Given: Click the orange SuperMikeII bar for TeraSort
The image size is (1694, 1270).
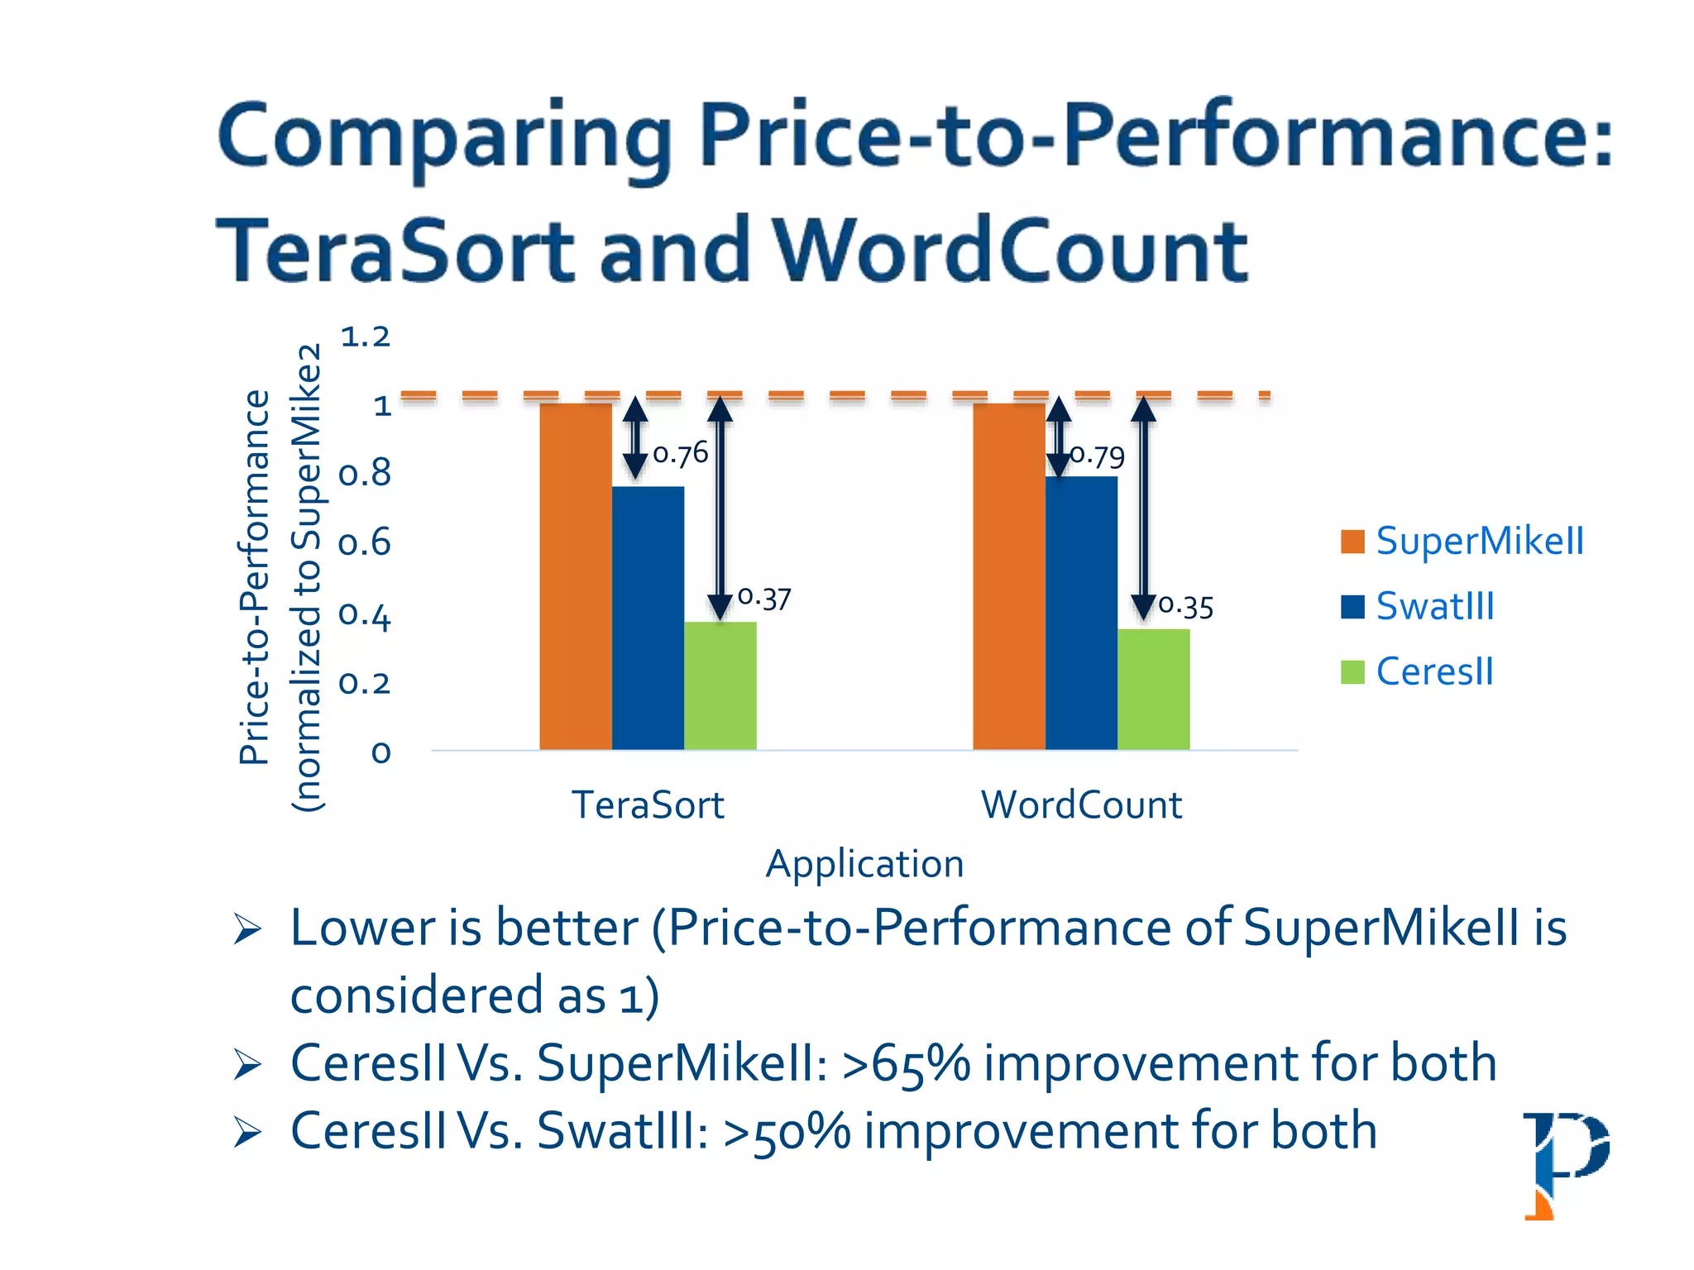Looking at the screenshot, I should click(x=576, y=576).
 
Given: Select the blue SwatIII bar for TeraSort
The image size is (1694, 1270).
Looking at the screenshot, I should click(x=648, y=618).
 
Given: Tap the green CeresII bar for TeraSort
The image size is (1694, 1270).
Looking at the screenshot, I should click(x=720, y=685).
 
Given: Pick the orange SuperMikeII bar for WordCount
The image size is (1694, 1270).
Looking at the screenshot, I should click(x=1008, y=576).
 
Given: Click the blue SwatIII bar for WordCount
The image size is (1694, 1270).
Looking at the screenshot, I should click(x=1081, y=613).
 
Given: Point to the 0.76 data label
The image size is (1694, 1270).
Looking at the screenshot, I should click(x=681, y=454).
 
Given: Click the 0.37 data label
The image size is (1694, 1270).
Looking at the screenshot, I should click(x=764, y=598).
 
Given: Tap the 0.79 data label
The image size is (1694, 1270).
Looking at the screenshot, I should click(x=1098, y=456).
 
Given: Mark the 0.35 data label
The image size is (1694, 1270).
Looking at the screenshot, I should click(x=1186, y=607).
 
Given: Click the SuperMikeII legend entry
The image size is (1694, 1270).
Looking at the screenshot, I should click(x=1462, y=542).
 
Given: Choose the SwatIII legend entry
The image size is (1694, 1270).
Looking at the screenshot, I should click(x=1418, y=607).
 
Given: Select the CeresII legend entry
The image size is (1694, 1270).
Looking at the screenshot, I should click(x=1418, y=671).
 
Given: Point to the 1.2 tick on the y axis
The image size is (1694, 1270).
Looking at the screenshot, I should click(x=365, y=337).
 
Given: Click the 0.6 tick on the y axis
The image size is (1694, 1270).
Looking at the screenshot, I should click(x=365, y=544).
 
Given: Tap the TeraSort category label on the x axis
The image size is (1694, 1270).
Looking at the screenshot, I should click(x=648, y=804).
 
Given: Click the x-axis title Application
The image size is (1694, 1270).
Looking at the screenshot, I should click(x=864, y=864).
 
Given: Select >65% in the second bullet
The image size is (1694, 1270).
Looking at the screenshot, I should click(x=906, y=1063).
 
